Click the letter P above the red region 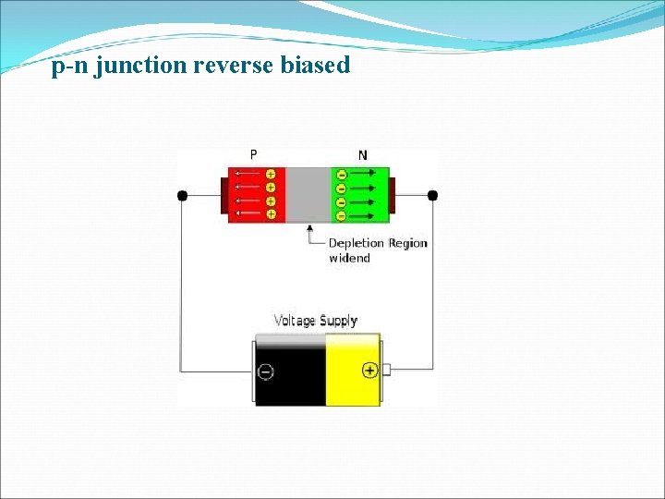254,155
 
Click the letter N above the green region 362,155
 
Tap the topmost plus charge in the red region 271,174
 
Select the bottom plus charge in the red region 271,214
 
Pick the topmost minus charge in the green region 341,175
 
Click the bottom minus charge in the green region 341,215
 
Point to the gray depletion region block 308,195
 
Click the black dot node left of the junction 182,195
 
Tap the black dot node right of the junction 432,195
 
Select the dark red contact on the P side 224,195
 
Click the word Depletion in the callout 356,243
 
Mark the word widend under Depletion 349,258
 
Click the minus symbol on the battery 265,371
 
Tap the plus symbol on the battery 369,371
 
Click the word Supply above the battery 339,321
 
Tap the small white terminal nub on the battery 386,370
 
